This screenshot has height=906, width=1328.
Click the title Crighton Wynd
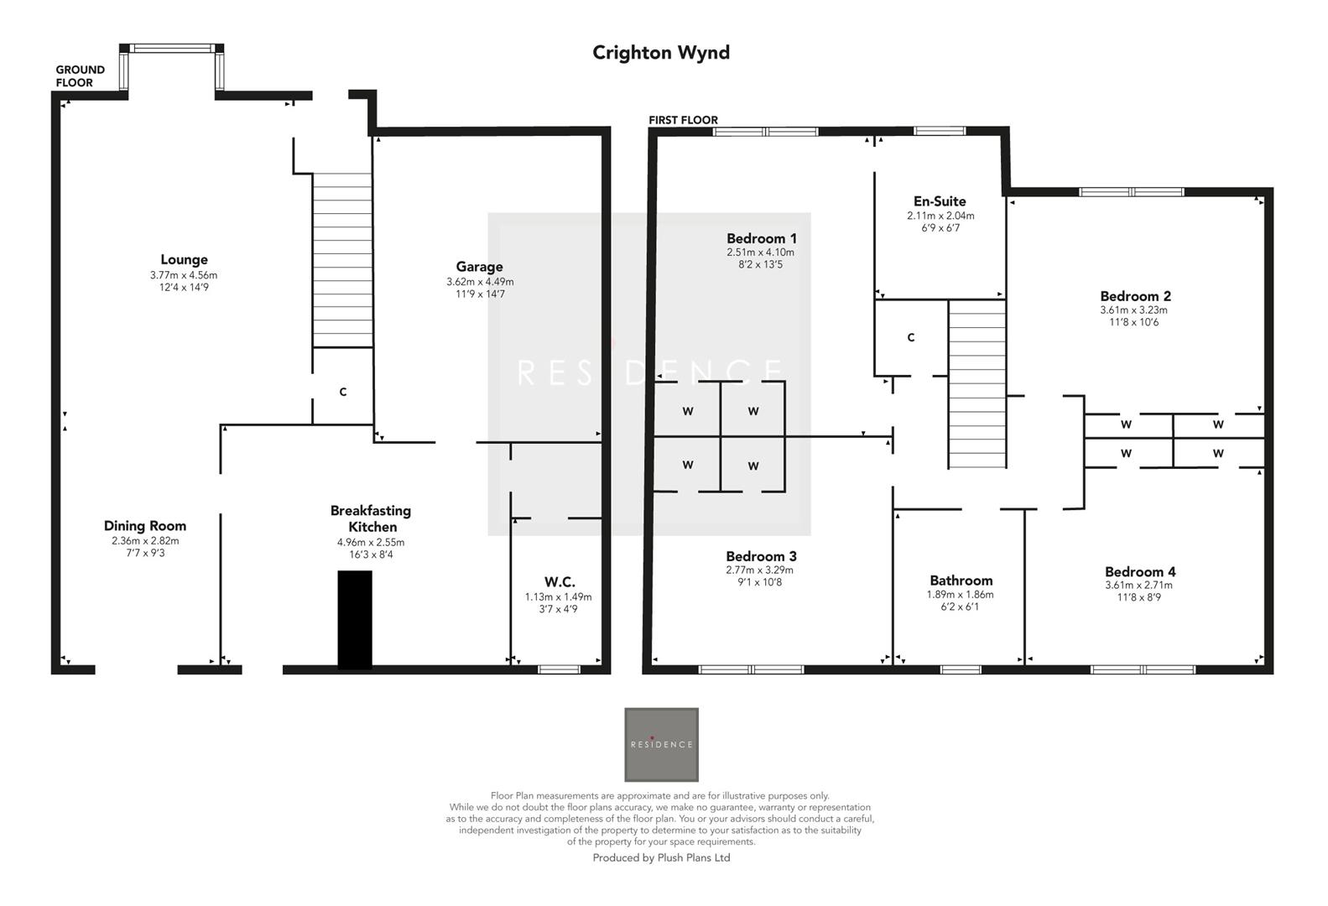click(660, 52)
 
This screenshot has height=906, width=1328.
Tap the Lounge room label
click(184, 259)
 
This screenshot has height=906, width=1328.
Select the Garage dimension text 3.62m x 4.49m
click(479, 282)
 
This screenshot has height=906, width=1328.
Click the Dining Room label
click(145, 526)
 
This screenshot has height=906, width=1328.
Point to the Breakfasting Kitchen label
click(371, 518)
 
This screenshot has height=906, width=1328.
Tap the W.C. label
click(559, 581)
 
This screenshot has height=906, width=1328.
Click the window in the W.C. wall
click(559, 669)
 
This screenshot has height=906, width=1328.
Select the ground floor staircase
click(342, 260)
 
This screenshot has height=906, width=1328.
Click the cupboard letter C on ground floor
click(342, 392)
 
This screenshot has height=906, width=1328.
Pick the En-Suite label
click(940, 201)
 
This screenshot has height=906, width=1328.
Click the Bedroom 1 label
click(761, 238)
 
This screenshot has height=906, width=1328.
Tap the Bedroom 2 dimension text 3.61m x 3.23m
click(1134, 310)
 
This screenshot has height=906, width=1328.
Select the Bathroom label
click(961, 581)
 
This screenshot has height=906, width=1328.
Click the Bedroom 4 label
click(1139, 572)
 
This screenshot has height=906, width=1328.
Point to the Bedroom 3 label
click(761, 556)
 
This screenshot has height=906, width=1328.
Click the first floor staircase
click(976, 384)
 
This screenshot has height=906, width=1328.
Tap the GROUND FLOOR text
click(80, 76)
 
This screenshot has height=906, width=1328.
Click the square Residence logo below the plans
click(661, 744)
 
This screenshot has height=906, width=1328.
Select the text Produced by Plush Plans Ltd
click(661, 857)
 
